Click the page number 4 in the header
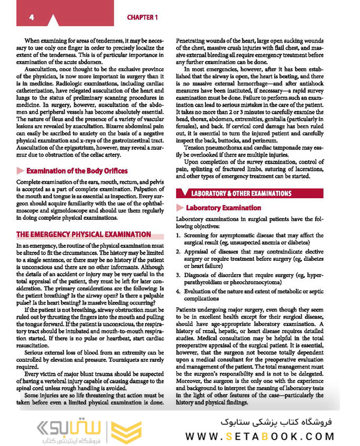click(x=32, y=17)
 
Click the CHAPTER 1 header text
click(x=142, y=17)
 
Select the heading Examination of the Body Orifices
click(x=77, y=171)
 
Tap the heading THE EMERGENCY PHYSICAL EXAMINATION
click(x=84, y=235)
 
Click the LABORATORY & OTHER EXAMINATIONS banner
click(x=241, y=194)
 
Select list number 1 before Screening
click(x=179, y=236)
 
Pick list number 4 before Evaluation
click(x=179, y=291)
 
